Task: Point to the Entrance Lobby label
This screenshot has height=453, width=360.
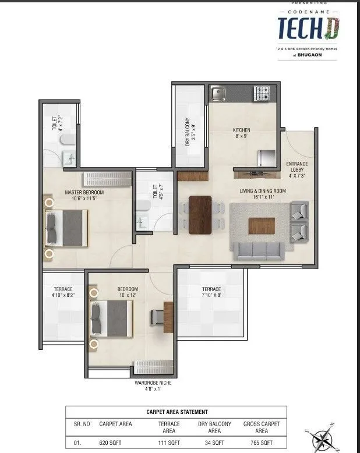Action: pyautogui.click(x=297, y=169)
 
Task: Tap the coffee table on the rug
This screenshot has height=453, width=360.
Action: pyautogui.click(x=262, y=225)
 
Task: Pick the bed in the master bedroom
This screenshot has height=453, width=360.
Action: pyautogui.click(x=68, y=228)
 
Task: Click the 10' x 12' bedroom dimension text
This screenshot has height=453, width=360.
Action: pyautogui.click(x=128, y=296)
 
